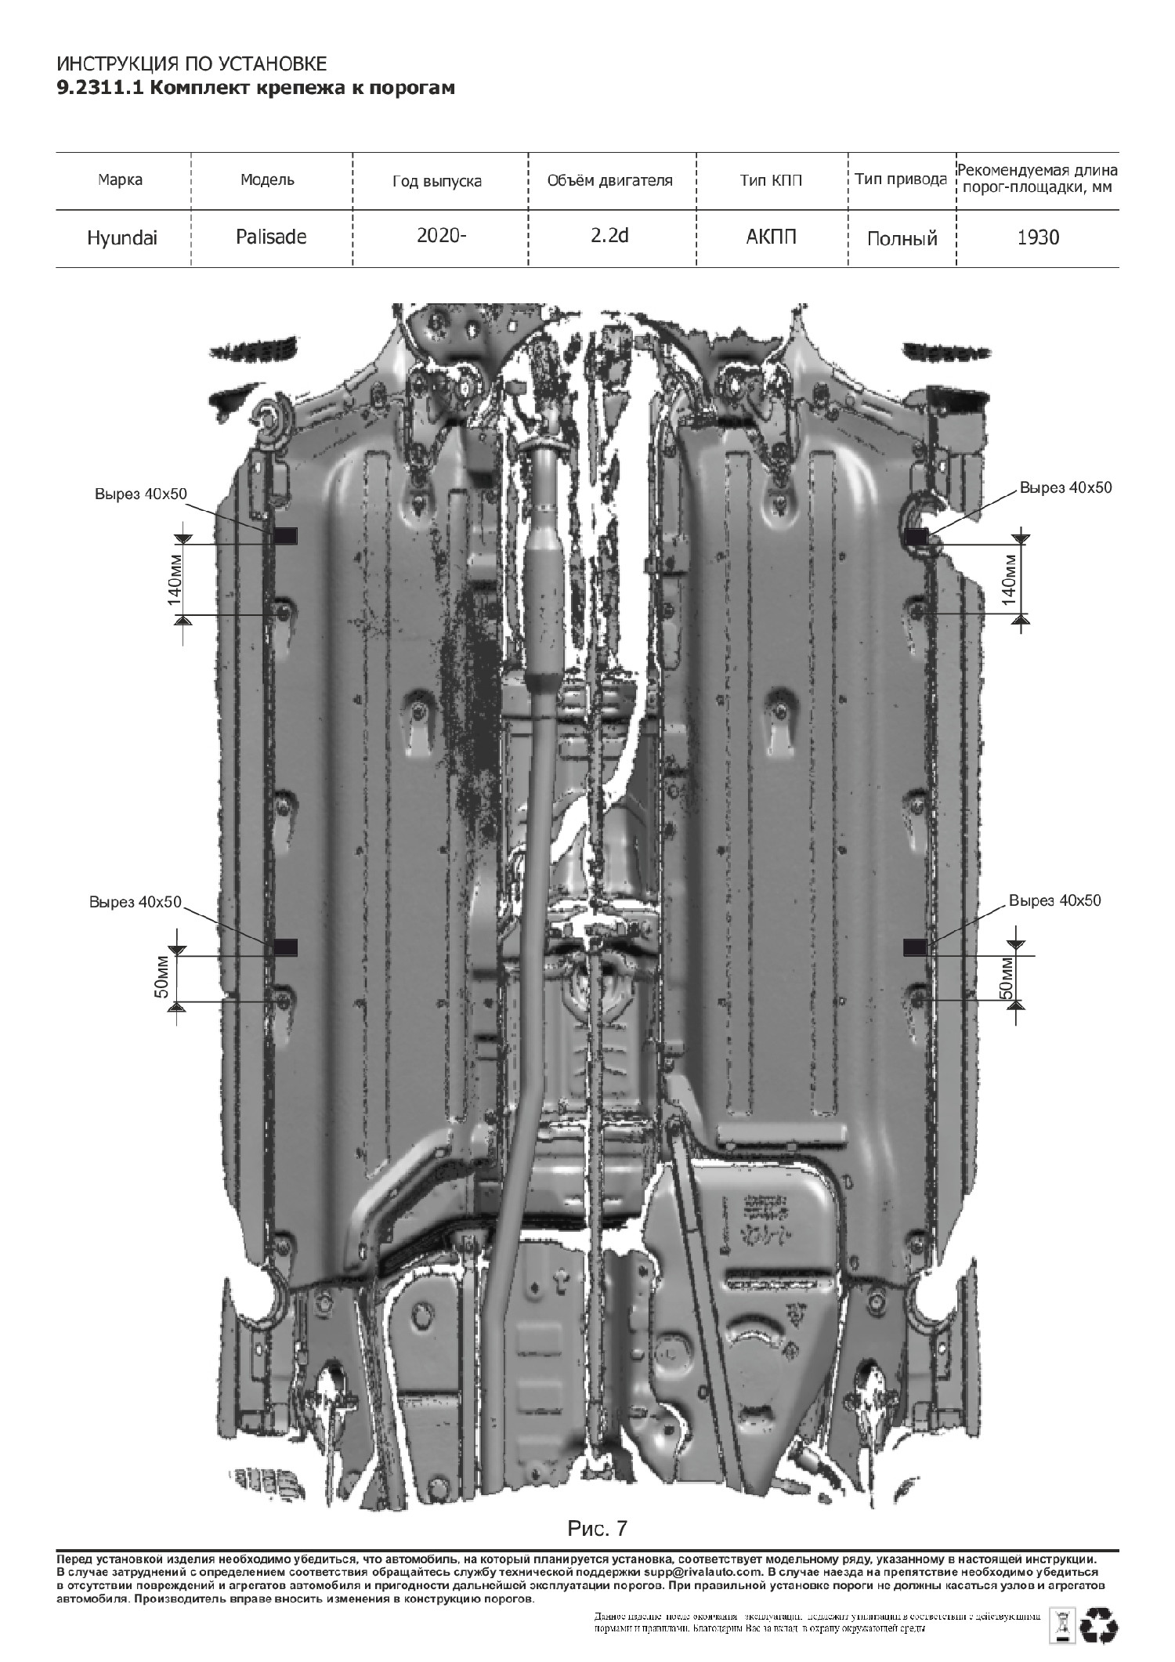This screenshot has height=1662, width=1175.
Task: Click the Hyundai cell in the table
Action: tap(122, 238)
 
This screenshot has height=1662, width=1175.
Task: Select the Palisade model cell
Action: tap(271, 237)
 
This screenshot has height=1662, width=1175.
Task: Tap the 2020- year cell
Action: tap(441, 236)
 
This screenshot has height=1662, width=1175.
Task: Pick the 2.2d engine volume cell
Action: tap(610, 236)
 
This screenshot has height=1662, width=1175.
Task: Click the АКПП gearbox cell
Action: tap(771, 237)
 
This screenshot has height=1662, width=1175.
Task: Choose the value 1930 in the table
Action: tap(1038, 237)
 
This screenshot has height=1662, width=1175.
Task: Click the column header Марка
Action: tap(121, 179)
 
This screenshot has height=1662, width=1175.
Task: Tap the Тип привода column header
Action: tap(901, 179)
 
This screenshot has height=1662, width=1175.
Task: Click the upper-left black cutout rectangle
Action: tap(286, 535)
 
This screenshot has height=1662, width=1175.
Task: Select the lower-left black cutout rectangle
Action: tap(286, 947)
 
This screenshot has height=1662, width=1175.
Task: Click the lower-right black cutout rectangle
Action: tap(915, 947)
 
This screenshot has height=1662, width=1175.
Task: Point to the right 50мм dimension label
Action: tap(1008, 978)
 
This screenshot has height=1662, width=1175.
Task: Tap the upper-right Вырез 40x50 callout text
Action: tap(1065, 487)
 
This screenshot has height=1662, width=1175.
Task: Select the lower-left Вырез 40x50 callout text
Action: tap(135, 902)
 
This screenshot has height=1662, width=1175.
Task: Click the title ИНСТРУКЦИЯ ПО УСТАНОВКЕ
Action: tap(191, 64)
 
